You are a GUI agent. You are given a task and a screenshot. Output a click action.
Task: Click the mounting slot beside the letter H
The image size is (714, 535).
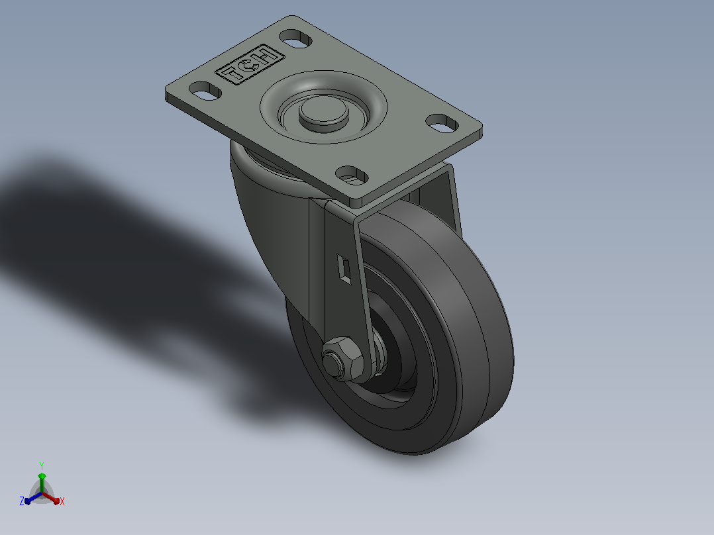295,38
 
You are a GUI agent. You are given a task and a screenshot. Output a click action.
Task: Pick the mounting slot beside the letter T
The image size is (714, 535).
205,91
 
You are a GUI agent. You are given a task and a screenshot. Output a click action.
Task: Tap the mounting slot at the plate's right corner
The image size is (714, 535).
442,123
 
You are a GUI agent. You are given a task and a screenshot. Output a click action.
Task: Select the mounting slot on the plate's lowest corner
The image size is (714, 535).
352,175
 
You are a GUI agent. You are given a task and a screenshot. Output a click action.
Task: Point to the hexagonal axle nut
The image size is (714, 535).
343,358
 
